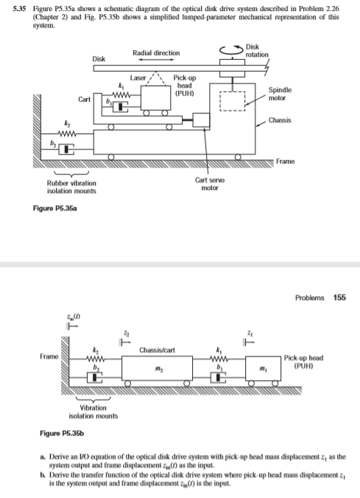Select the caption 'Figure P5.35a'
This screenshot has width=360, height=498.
tap(53, 209)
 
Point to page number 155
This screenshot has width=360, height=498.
tap(339, 298)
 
